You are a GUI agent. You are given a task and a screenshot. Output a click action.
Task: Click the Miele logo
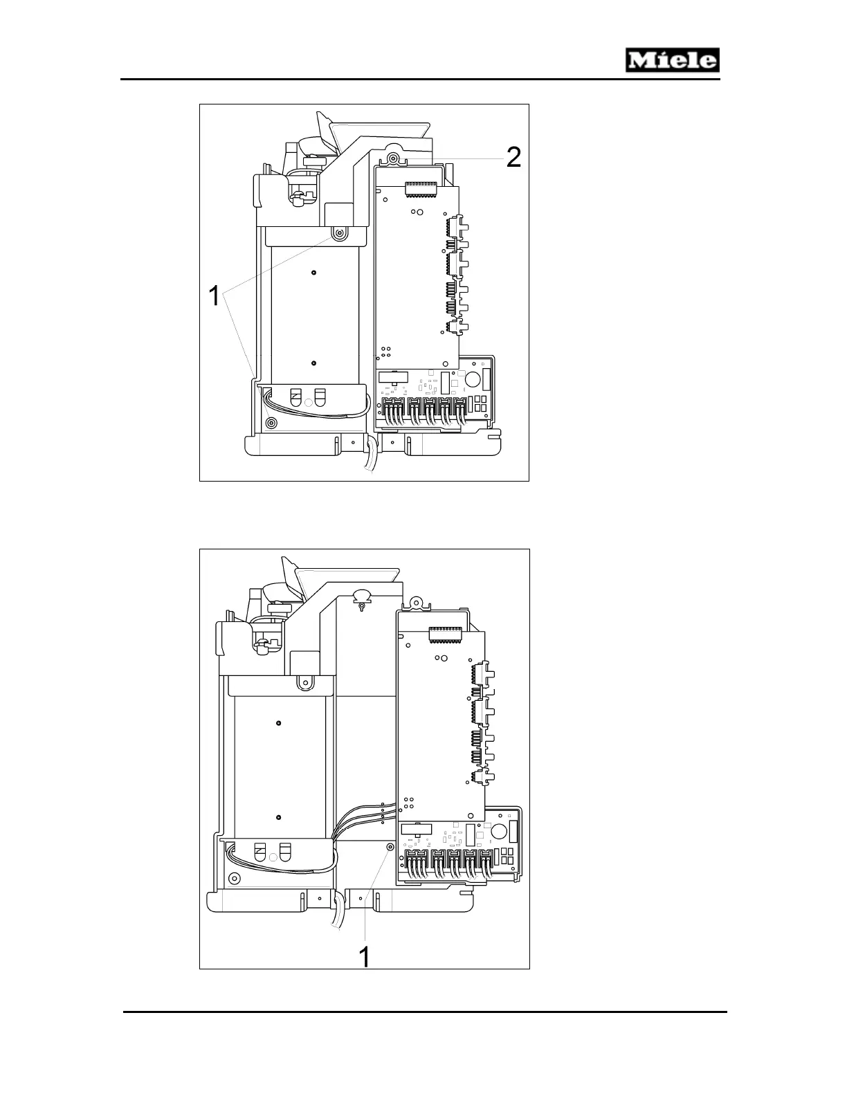[x=673, y=60]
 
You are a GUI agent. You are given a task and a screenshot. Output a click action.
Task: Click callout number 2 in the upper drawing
[x=513, y=158]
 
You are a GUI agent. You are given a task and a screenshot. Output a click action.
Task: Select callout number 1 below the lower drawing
[x=363, y=957]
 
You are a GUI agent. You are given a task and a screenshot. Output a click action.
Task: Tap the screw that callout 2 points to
[x=393, y=159]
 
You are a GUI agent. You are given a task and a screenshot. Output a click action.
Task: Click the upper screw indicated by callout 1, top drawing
[x=339, y=235]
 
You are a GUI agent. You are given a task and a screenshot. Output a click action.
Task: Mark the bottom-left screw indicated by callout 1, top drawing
[x=271, y=422]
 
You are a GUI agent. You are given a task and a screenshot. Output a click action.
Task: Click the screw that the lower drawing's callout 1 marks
[x=390, y=847]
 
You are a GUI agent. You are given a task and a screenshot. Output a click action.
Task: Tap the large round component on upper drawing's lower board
[x=473, y=378]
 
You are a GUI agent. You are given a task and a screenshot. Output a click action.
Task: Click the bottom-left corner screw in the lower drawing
[x=234, y=879]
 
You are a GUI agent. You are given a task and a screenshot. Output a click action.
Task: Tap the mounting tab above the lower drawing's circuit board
[x=415, y=603]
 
